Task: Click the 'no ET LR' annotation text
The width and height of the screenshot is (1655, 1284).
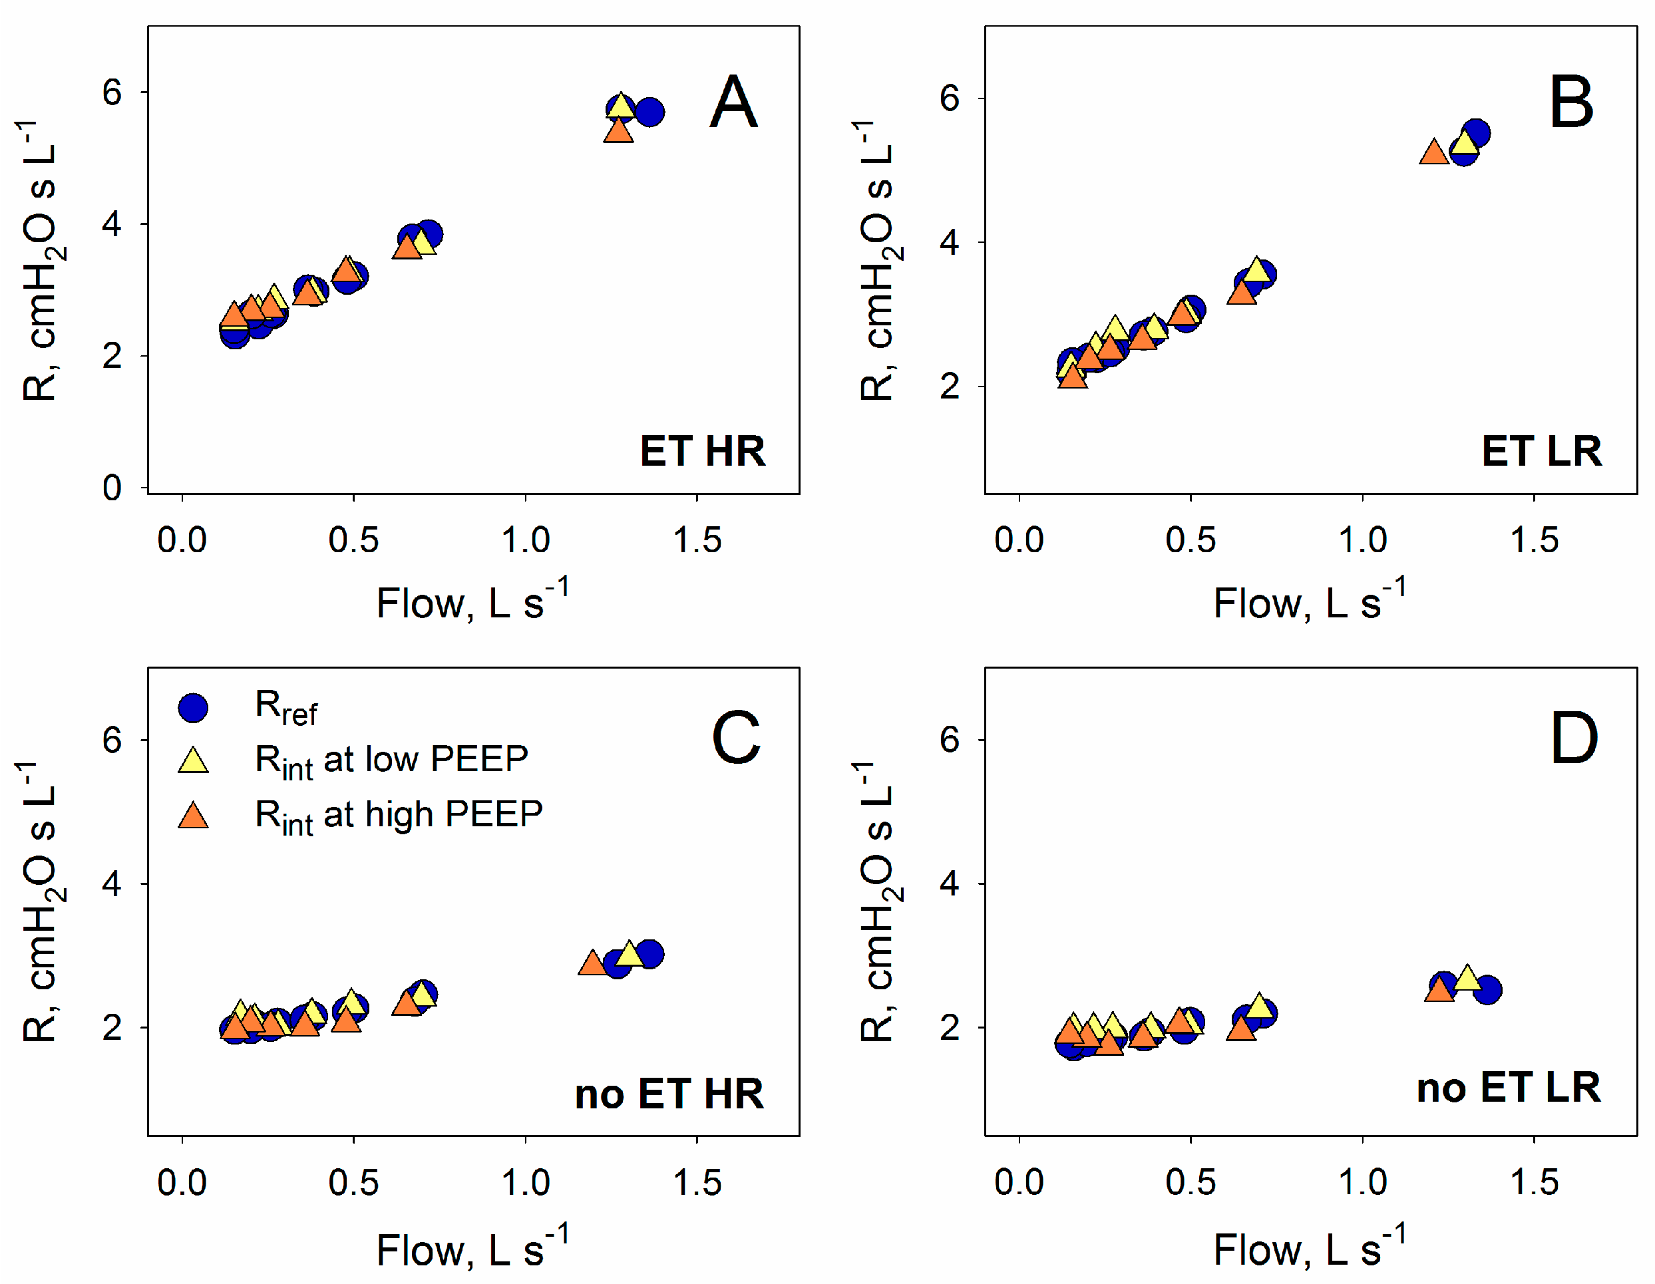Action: [1508, 1088]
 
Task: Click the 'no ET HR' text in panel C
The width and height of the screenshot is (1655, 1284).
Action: [669, 1094]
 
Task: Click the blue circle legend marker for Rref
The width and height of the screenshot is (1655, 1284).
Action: [193, 707]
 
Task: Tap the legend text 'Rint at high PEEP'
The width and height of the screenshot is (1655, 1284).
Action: [399, 816]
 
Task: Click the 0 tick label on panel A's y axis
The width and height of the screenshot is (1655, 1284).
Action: [112, 488]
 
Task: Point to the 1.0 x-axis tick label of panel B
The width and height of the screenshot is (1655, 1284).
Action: [1362, 541]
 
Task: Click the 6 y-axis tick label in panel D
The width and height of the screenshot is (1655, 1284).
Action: [950, 739]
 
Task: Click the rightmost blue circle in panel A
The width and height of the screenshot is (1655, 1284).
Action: [649, 113]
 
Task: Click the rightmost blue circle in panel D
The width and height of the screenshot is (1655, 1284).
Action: [1487, 989]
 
